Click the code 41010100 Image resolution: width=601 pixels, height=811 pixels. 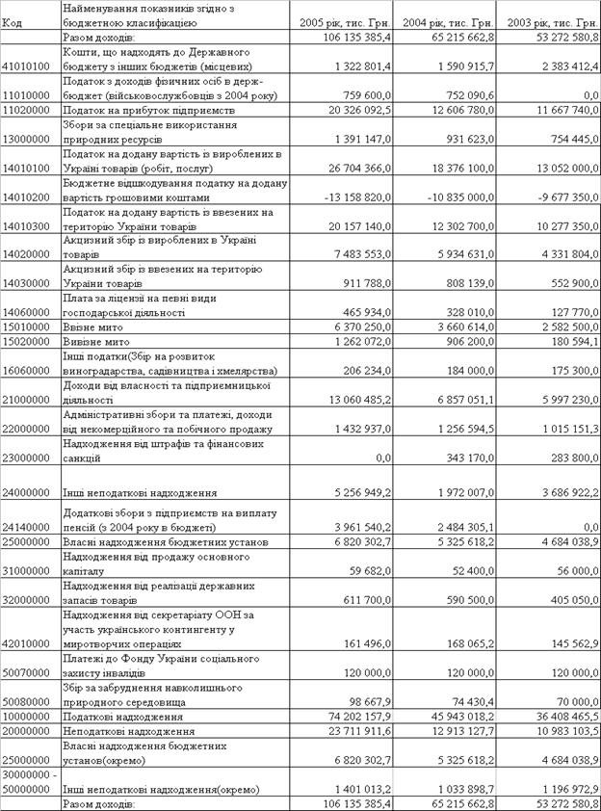pos(27,66)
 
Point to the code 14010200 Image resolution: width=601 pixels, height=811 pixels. pos(27,196)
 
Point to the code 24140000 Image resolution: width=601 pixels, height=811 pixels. pos(27,527)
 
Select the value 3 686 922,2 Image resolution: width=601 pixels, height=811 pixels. pos(558,492)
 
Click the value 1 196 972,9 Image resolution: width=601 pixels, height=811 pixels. pos(558,789)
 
